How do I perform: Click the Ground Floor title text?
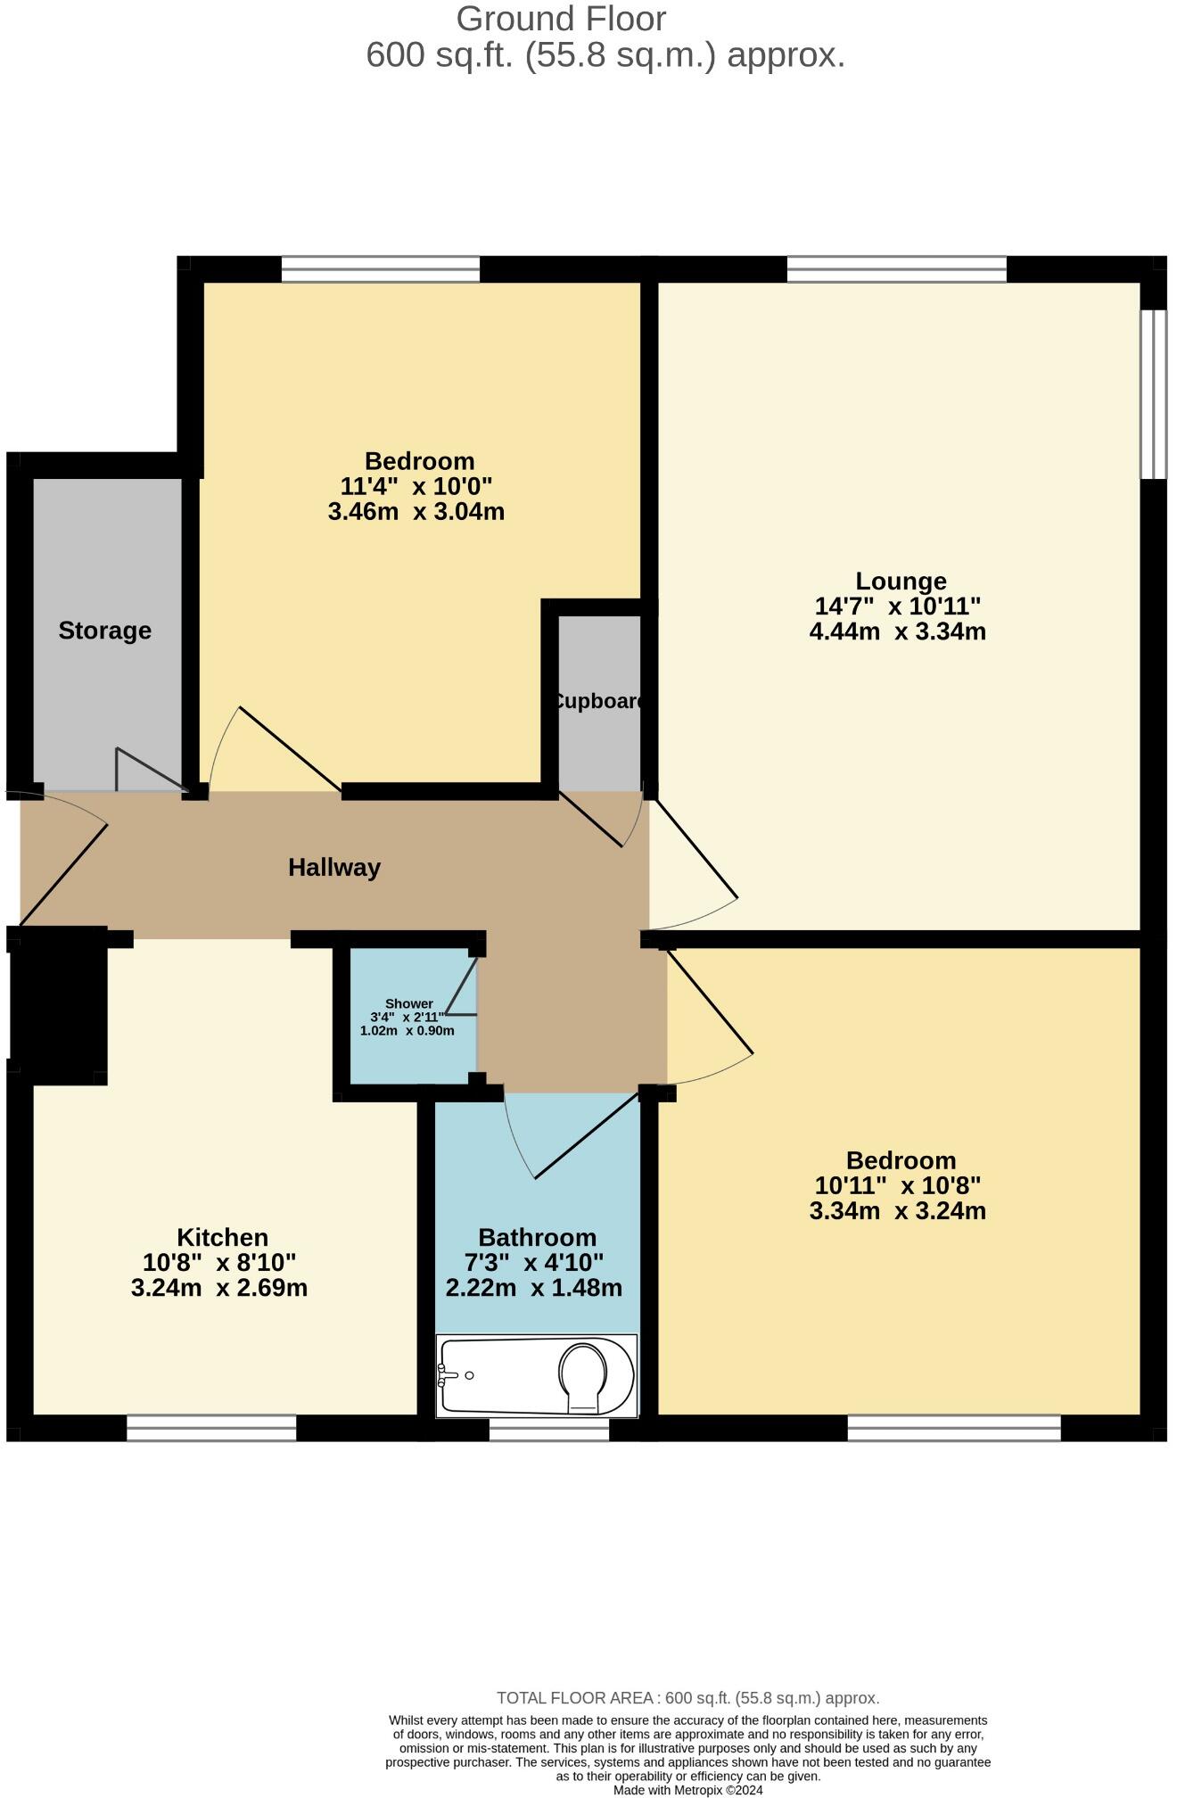click(x=561, y=19)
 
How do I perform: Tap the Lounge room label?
click(x=901, y=581)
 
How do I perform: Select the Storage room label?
click(x=105, y=631)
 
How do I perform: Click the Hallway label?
click(x=334, y=867)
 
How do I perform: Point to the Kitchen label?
click(x=222, y=1237)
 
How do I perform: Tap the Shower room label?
click(x=408, y=1003)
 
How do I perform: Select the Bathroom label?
click(x=537, y=1237)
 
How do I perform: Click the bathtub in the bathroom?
click(x=536, y=1375)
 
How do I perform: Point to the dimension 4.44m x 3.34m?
click(x=897, y=632)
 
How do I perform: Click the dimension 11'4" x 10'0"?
click(x=416, y=486)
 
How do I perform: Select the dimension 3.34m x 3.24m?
click(x=897, y=1211)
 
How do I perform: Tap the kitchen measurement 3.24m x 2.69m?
click(x=219, y=1288)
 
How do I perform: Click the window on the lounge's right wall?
click(x=1153, y=393)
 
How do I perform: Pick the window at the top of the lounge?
click(x=896, y=268)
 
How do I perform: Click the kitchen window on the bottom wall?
click(x=211, y=1428)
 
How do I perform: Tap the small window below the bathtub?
click(x=549, y=1429)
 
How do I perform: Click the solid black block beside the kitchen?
click(x=59, y=1005)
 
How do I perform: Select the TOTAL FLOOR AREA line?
click(x=687, y=1698)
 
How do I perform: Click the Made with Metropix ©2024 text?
click(x=687, y=1790)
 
